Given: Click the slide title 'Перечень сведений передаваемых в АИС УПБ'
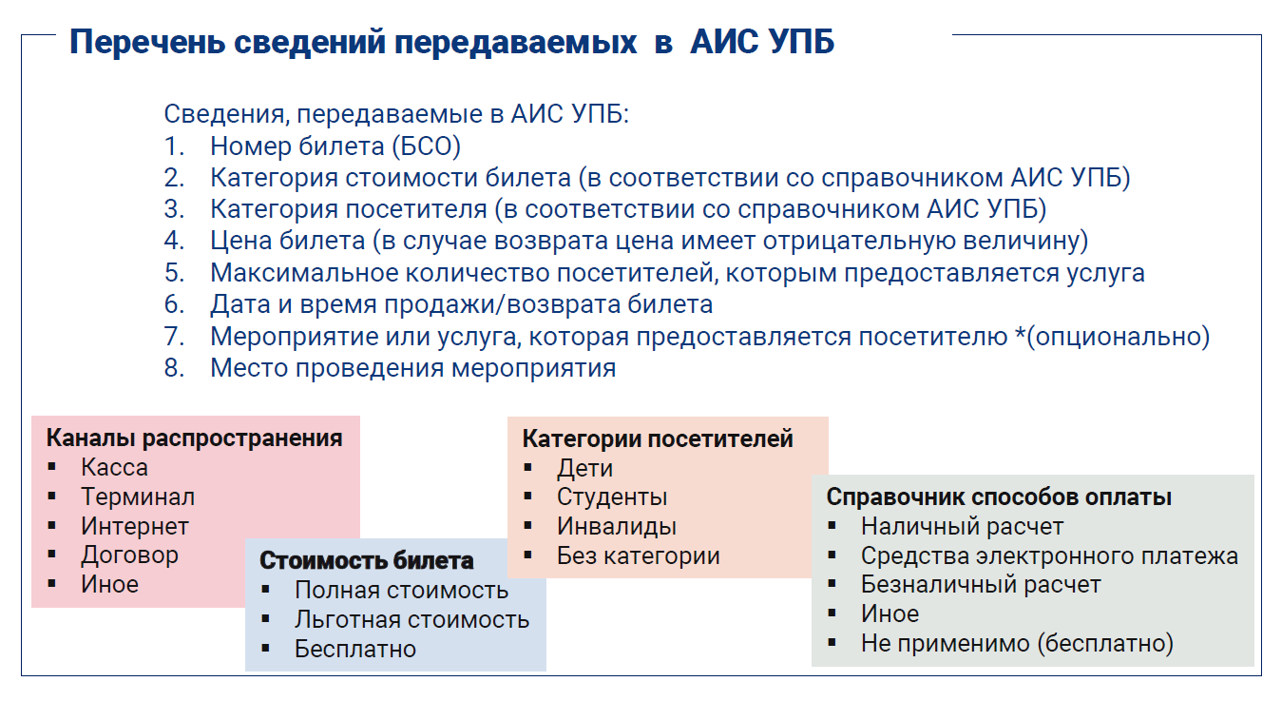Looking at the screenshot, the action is [x=451, y=42].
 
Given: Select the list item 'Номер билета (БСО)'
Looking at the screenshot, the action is [x=335, y=146].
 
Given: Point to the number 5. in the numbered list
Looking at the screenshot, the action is [x=174, y=273].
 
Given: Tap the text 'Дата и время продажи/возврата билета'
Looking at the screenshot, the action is [x=461, y=304].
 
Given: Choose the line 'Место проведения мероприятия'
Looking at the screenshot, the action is [x=412, y=368].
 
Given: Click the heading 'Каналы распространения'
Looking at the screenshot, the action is [x=194, y=438].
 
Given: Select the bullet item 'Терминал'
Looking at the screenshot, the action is [x=138, y=497].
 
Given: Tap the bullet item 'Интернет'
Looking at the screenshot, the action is [x=135, y=526].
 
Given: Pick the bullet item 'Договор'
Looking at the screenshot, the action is [x=130, y=555].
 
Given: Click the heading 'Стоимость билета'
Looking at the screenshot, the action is [x=366, y=560].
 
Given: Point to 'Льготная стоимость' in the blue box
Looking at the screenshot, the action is [x=412, y=619].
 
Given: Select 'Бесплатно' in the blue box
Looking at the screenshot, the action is [x=355, y=649].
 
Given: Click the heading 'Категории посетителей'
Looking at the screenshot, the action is [x=658, y=439].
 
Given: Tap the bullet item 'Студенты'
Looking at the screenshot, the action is [x=612, y=497].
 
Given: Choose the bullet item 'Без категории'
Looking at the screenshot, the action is [x=638, y=555].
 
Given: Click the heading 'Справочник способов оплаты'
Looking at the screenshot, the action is [x=999, y=497].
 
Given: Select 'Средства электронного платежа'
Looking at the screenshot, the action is [x=1049, y=555].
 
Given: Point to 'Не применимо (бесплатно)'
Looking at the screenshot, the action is [x=1017, y=643].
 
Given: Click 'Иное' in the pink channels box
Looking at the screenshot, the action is [x=110, y=584].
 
